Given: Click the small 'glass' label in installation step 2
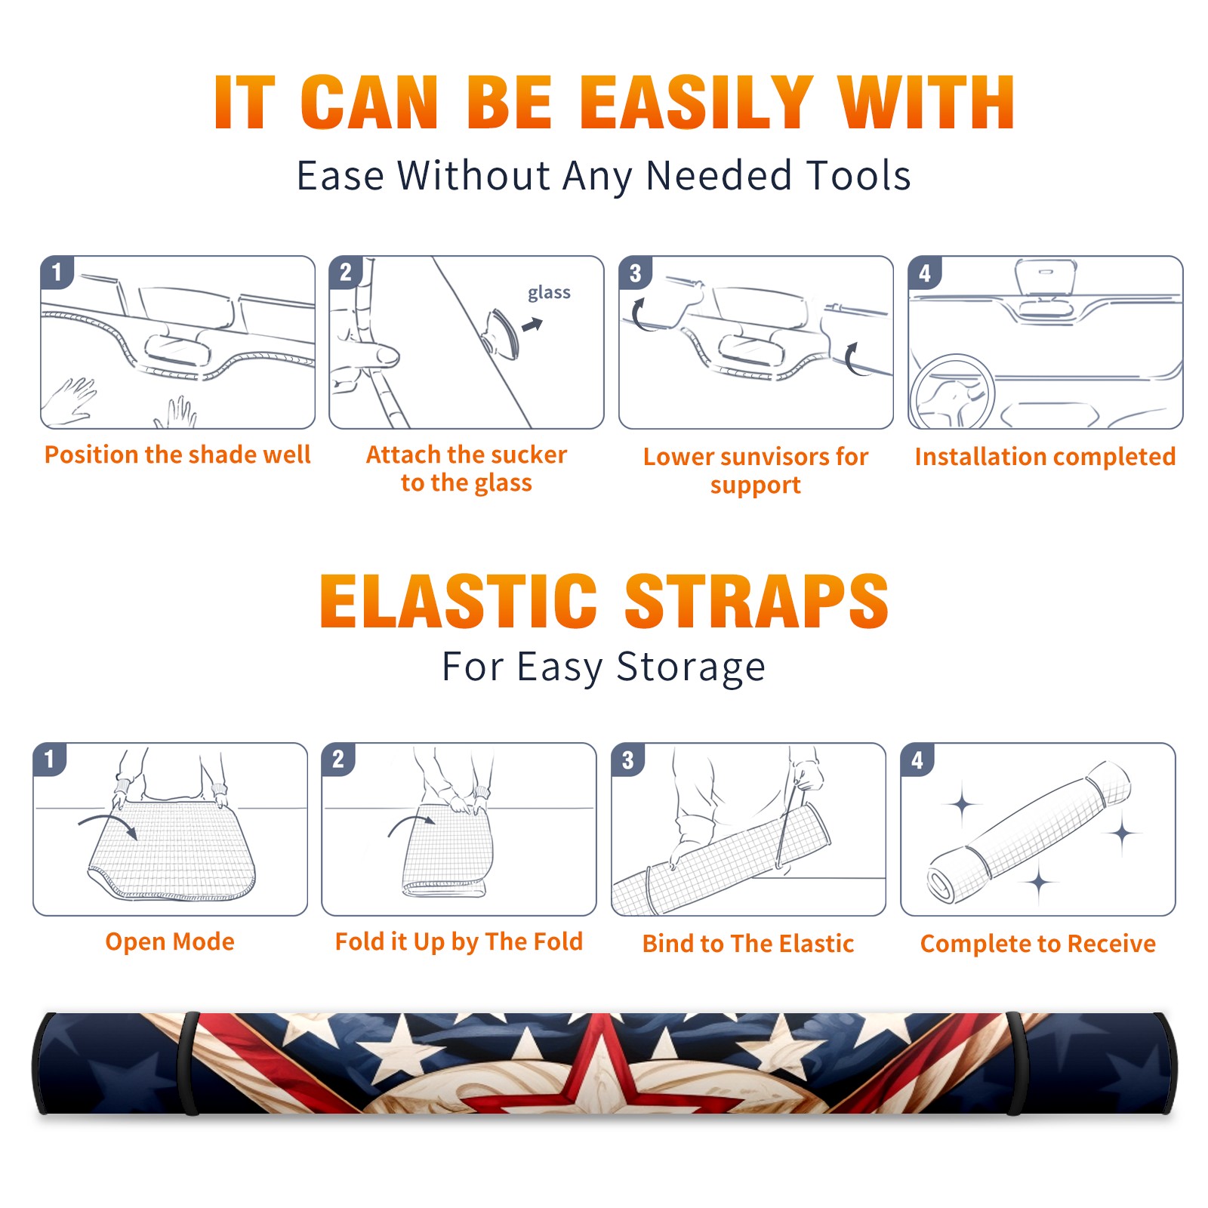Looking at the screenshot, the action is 549,292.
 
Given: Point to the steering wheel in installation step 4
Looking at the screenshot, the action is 952,393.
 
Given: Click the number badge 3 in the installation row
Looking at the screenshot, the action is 635,273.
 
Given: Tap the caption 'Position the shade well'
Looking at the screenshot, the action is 177,455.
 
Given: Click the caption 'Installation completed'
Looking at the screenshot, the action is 1045,457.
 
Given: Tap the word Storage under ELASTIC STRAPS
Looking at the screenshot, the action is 691,667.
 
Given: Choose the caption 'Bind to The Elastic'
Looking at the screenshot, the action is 748,944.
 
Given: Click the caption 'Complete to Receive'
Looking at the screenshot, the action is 1038,944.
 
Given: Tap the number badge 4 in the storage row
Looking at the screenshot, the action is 917,760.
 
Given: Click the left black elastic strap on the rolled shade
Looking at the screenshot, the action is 188,1064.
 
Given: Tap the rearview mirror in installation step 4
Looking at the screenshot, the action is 1046,278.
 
